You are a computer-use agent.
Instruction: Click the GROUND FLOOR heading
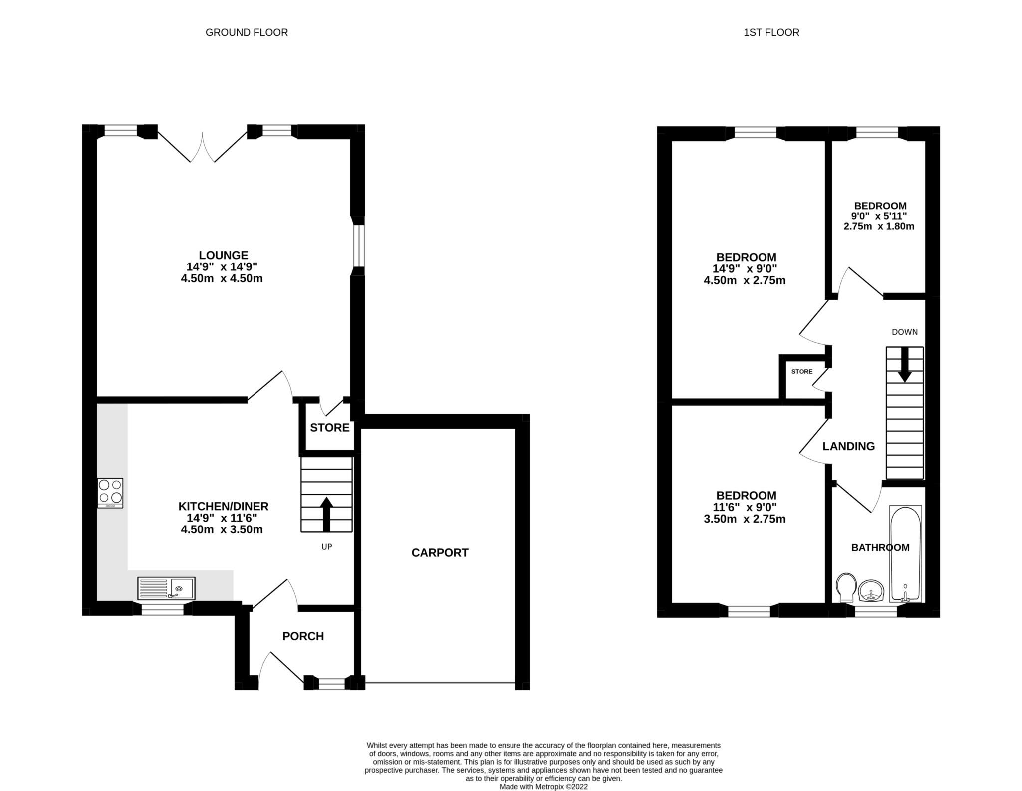click(247, 32)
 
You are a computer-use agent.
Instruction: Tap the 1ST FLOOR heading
click(771, 32)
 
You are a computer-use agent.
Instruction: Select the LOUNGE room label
click(223, 255)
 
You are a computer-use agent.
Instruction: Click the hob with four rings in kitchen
click(110, 493)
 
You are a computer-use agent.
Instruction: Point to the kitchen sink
click(167, 588)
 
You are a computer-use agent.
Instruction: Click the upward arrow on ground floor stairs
click(326, 514)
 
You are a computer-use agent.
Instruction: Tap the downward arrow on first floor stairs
click(904, 364)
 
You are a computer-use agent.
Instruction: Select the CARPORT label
click(440, 552)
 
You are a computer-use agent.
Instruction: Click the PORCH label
click(303, 636)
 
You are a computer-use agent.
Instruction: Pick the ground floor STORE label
click(329, 427)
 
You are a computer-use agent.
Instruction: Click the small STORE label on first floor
click(802, 371)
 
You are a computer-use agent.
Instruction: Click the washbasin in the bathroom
click(871, 591)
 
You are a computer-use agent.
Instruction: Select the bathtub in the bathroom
click(905, 554)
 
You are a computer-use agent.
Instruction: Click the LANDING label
click(848, 446)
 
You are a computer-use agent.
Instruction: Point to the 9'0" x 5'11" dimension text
click(880, 216)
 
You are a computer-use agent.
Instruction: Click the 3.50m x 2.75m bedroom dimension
click(744, 519)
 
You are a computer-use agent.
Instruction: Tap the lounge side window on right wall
click(357, 246)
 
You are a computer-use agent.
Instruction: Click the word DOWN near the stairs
click(904, 332)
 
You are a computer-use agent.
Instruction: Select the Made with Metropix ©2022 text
click(543, 787)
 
